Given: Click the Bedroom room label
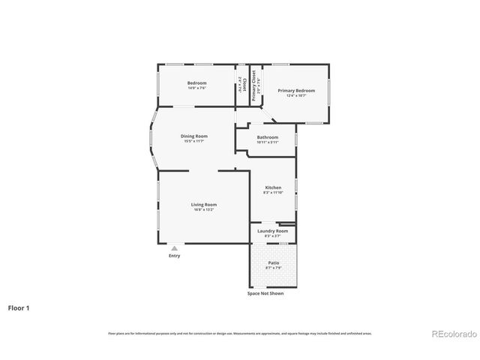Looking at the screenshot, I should pyautogui.click(x=196, y=82).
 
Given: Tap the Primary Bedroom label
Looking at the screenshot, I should pyautogui.click(x=296, y=91).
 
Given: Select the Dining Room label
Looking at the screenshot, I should pyautogui.click(x=193, y=136).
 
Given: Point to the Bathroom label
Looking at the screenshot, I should pyautogui.click(x=268, y=137).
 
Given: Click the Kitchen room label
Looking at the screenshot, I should pyautogui.click(x=273, y=187).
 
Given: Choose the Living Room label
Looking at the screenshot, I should pyautogui.click(x=203, y=205).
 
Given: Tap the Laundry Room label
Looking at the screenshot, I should pyautogui.click(x=272, y=231).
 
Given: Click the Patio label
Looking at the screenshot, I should pyautogui.click(x=274, y=262).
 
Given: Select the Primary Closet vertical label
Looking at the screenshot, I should pyautogui.click(x=254, y=85).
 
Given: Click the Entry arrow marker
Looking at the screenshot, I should pyautogui.click(x=174, y=248).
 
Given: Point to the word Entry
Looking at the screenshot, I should pyautogui.click(x=174, y=256).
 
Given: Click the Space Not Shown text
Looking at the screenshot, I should pyautogui.click(x=265, y=293).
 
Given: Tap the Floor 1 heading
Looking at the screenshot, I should pyautogui.click(x=19, y=307).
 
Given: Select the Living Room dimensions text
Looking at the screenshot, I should pyautogui.click(x=203, y=210).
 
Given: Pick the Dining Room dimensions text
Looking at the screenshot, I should pyautogui.click(x=193, y=141).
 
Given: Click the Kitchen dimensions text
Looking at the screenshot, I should pyautogui.click(x=273, y=193).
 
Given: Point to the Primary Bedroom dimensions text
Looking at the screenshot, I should pyautogui.click(x=296, y=95).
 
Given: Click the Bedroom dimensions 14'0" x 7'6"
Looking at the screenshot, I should pyautogui.click(x=196, y=88).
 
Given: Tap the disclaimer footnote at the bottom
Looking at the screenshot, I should pyautogui.click(x=239, y=333).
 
